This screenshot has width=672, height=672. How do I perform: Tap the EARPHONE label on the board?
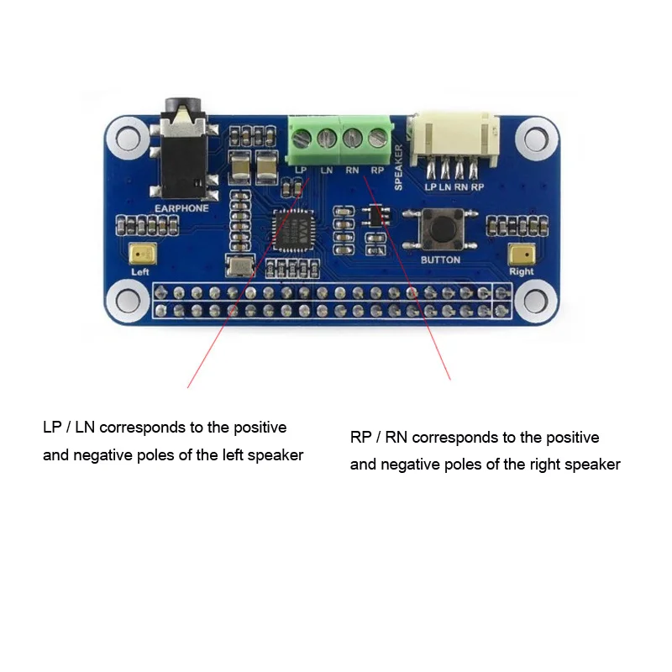pyautogui.click(x=181, y=207)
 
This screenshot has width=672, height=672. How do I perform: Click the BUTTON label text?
pyautogui.click(x=440, y=260)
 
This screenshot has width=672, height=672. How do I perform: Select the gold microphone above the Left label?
pyautogui.click(x=140, y=255)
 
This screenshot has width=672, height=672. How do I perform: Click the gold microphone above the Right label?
pyautogui.click(x=521, y=255)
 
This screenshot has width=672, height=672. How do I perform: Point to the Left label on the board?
pyautogui.click(x=140, y=272)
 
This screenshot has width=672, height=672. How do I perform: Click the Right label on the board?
pyautogui.click(x=521, y=272)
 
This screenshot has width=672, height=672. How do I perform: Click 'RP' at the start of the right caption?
pyautogui.click(x=360, y=438)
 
